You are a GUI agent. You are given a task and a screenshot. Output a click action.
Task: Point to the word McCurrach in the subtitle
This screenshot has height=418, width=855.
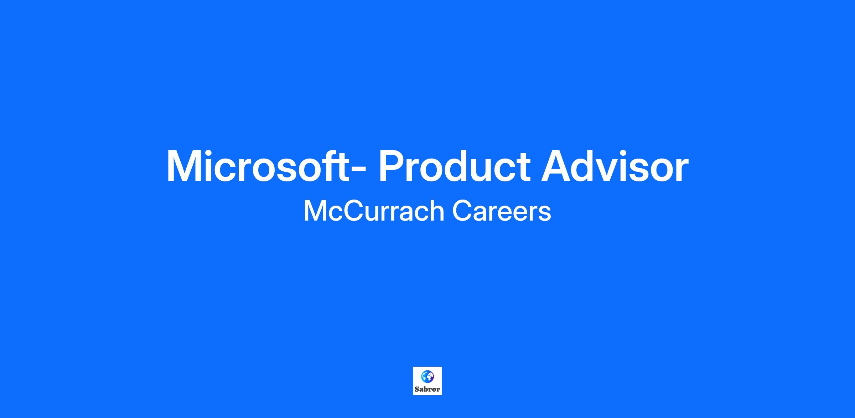click(374, 211)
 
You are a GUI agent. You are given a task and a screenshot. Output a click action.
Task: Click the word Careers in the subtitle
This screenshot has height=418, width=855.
click(502, 211)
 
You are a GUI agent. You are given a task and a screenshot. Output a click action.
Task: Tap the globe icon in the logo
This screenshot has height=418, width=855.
click(427, 376)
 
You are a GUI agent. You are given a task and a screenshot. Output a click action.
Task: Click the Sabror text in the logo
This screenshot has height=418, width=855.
click(427, 389)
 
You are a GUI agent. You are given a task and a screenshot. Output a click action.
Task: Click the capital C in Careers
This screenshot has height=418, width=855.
click(462, 211)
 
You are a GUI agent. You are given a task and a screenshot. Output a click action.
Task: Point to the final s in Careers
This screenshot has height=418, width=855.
click(545, 213)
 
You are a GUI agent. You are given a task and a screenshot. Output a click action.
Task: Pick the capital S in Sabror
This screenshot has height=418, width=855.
click(417, 389)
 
